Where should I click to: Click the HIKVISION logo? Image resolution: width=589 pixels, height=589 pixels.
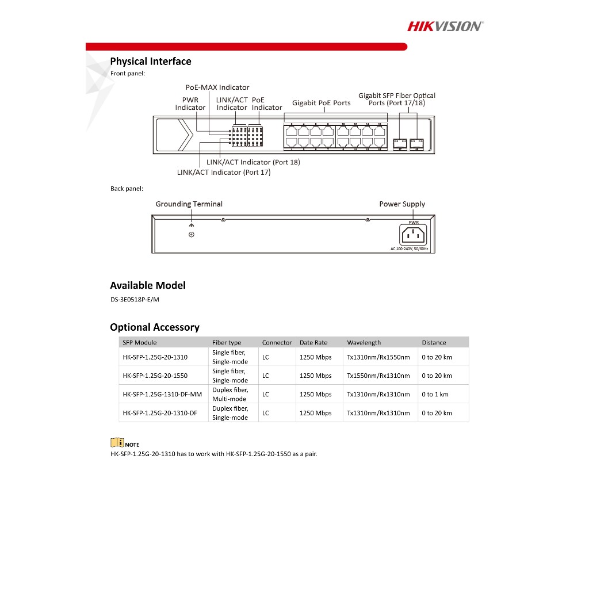pyautogui.click(x=445, y=26)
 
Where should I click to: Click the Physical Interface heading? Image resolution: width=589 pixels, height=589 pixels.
pyautogui.click(x=151, y=62)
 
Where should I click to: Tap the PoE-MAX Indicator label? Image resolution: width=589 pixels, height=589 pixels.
pyautogui.click(x=217, y=87)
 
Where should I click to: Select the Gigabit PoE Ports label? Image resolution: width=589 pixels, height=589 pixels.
pyautogui.click(x=321, y=103)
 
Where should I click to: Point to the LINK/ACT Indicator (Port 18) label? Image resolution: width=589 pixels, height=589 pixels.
pyautogui.click(x=253, y=162)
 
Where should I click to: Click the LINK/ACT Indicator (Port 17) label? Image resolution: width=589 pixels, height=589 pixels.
pyautogui.click(x=224, y=172)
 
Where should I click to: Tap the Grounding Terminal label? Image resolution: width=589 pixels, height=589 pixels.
pyautogui.click(x=189, y=204)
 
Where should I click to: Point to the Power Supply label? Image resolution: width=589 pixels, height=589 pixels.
pyautogui.click(x=402, y=204)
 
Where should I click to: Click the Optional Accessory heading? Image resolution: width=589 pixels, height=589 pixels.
pyautogui.click(x=155, y=327)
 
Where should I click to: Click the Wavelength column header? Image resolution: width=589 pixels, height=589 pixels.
pyautogui.click(x=364, y=342)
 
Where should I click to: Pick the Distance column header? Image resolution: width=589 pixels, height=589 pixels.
pyautogui.click(x=434, y=342)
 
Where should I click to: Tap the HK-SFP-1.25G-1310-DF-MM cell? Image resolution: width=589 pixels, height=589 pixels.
pyautogui.click(x=162, y=395)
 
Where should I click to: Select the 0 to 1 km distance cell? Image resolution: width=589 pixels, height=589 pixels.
pyautogui.click(x=435, y=395)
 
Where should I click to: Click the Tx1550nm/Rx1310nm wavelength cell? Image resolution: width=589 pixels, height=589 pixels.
pyautogui.click(x=378, y=376)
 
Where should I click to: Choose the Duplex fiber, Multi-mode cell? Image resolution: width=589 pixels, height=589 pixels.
pyautogui.click(x=230, y=395)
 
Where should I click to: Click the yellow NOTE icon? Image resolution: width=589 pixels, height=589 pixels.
pyautogui.click(x=117, y=443)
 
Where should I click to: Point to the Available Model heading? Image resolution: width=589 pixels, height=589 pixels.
pyautogui.click(x=148, y=285)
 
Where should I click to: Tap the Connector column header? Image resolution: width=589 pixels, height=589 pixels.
pyautogui.click(x=277, y=342)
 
